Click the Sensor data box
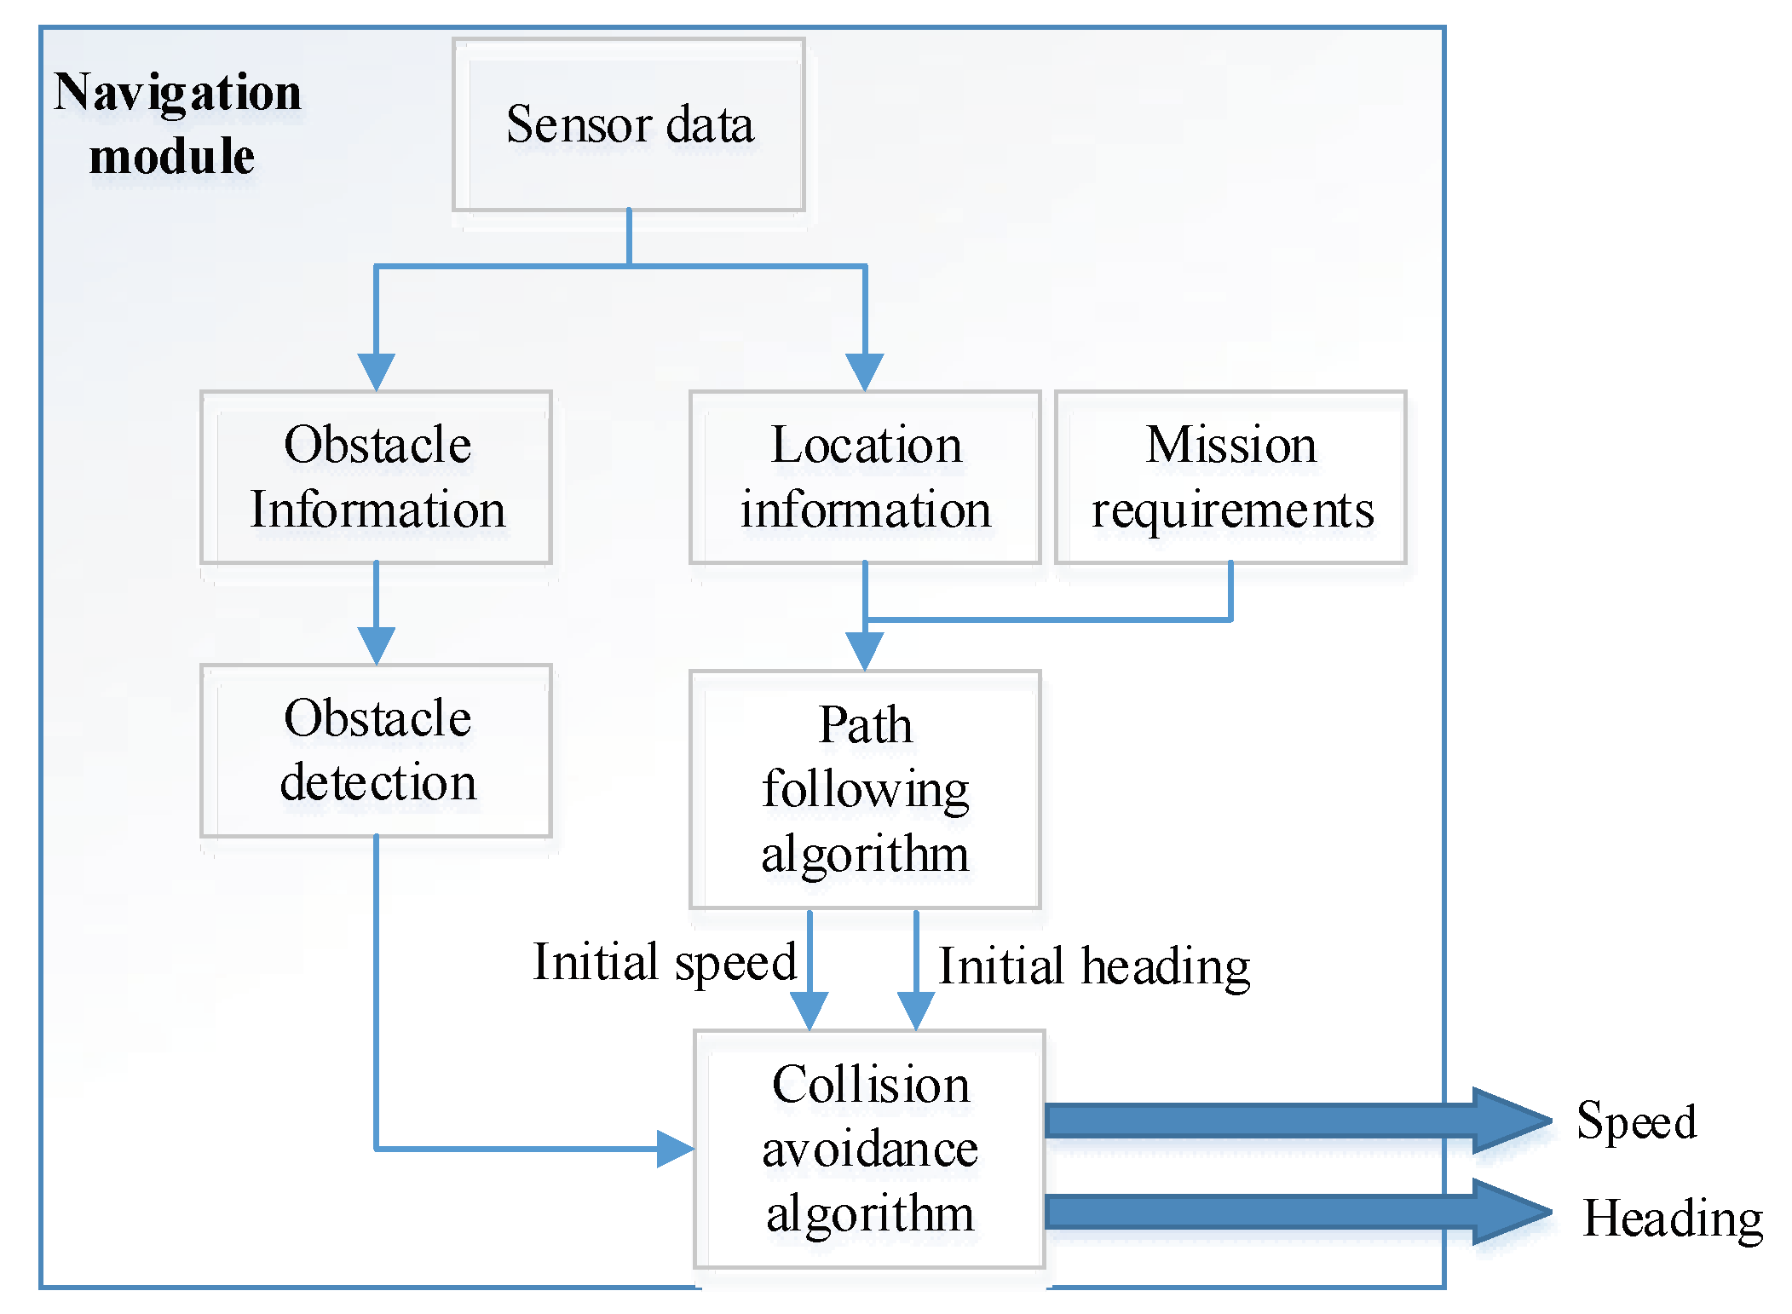point(629,124)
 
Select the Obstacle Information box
point(376,477)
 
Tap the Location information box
point(865,477)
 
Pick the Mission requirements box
point(1230,477)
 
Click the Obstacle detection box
point(376,751)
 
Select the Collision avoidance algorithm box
point(869,1149)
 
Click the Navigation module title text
point(177,124)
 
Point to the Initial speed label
point(665,963)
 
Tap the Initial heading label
point(1094,967)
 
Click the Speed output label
point(1636,1121)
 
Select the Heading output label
point(1673,1219)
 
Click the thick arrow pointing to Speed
point(1295,1121)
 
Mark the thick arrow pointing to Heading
point(1295,1212)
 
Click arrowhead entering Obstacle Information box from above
point(376,371)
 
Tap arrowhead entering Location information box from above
point(865,371)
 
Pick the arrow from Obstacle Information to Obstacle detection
point(376,614)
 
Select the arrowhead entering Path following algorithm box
point(865,650)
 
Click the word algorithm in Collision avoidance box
point(869,1213)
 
